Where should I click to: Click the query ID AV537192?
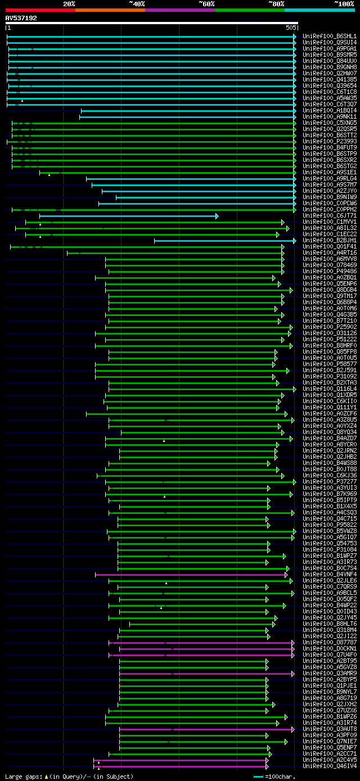coord(21,18)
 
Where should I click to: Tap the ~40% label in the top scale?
coord(137,4)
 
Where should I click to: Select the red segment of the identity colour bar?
coord(40,10)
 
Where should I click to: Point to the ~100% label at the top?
coord(344,4)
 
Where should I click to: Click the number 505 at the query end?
coord(291,28)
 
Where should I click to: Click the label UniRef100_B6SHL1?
coord(330,36)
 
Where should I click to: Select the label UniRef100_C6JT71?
coord(330,215)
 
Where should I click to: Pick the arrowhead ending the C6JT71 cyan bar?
coord(217,216)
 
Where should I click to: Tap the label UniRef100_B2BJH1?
coord(330,240)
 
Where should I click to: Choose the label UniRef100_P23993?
coord(330,141)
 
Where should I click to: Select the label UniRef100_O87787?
coord(330,642)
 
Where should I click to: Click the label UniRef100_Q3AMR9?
coord(330,673)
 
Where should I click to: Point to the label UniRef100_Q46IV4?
coord(330,766)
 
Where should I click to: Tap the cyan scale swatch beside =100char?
coord(259,777)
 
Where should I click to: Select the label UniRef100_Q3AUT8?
coord(330,729)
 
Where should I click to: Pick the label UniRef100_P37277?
coord(330,481)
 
